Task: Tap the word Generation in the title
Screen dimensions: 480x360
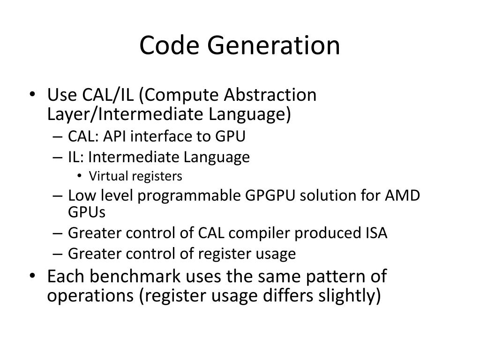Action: coord(274,45)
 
